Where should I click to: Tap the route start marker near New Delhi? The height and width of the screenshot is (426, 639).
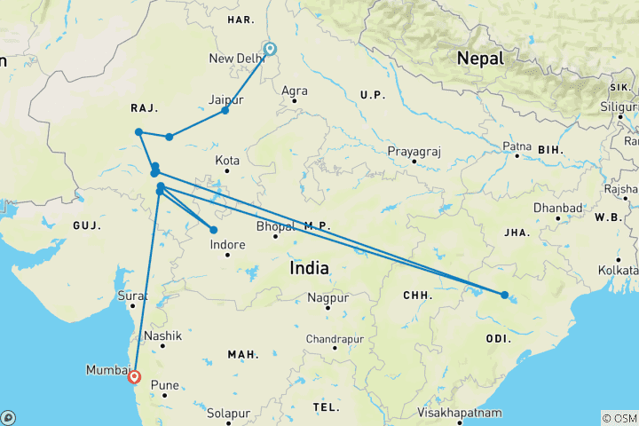pyautogui.click(x=269, y=50)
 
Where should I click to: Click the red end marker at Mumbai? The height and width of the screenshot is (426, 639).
pyautogui.click(x=134, y=376)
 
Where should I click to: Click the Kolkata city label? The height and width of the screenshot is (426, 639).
pyautogui.click(x=619, y=268)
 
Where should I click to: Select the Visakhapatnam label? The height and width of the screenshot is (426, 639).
pyautogui.click(x=461, y=413)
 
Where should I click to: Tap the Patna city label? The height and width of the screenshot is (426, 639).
pyautogui.click(x=518, y=145)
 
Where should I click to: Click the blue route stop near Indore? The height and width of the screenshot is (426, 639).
pyautogui.click(x=213, y=230)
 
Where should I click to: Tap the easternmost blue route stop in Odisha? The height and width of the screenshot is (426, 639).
pyautogui.click(x=504, y=295)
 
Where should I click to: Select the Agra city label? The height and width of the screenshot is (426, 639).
pyautogui.click(x=294, y=91)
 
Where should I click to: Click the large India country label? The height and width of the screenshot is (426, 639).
pyautogui.click(x=309, y=267)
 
